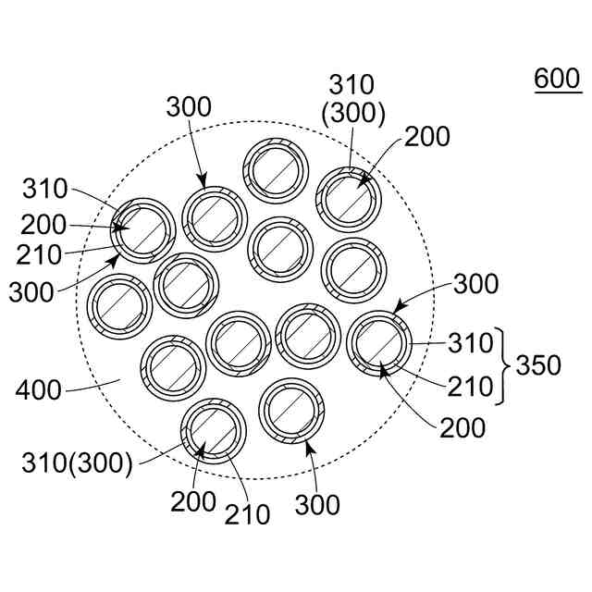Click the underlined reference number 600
point(557,80)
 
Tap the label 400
point(38,389)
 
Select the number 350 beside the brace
point(538,365)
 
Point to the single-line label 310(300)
point(78,462)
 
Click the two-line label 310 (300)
point(353,100)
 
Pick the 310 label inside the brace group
point(471,343)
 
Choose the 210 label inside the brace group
point(471,387)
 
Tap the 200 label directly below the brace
point(462,427)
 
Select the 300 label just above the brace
point(476,284)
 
